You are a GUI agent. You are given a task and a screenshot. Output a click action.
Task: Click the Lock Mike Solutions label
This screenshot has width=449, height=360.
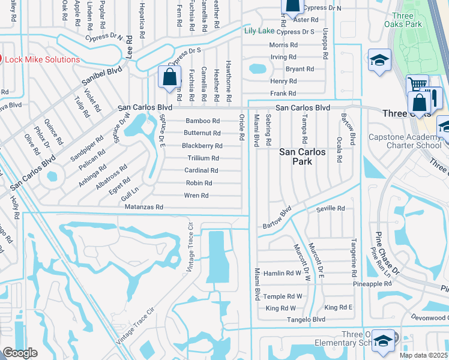(42, 60)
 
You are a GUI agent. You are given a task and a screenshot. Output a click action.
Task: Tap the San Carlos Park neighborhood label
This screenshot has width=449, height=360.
(303, 157)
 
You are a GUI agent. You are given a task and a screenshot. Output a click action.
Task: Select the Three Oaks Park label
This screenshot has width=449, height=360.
(401, 20)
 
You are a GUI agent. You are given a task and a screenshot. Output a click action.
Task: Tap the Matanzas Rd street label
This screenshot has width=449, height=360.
(143, 207)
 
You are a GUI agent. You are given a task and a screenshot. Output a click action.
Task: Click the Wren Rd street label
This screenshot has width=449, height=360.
(197, 196)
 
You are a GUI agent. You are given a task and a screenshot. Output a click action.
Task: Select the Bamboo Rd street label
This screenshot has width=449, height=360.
(202, 121)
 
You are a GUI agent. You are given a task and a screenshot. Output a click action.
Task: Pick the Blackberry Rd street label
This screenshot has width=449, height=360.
(202, 146)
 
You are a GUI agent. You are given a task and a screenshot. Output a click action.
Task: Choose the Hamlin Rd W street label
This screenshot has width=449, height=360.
(282, 272)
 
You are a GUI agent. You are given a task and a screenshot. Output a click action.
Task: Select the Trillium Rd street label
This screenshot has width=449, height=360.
(203, 158)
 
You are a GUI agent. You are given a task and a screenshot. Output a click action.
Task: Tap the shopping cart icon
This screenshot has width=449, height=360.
(418, 85)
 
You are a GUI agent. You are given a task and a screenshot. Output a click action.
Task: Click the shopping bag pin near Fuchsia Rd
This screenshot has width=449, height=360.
(170, 77)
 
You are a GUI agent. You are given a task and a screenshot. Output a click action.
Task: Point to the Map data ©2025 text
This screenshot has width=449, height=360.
(423, 355)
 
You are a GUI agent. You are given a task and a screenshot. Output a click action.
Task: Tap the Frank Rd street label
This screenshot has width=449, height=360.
(283, 94)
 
